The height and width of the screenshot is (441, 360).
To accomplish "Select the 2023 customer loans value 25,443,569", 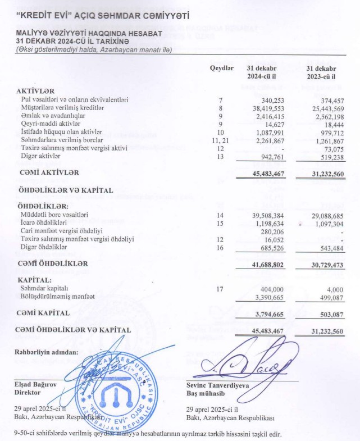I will pyautogui.click(x=321, y=108).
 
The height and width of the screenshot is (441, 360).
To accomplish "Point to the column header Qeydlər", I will pyautogui.click(x=221, y=68).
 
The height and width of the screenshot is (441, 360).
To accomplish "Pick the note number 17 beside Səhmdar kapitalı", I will pyautogui.click(x=221, y=288).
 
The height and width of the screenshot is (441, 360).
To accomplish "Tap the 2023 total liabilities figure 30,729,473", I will pyautogui.click(x=321, y=263).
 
